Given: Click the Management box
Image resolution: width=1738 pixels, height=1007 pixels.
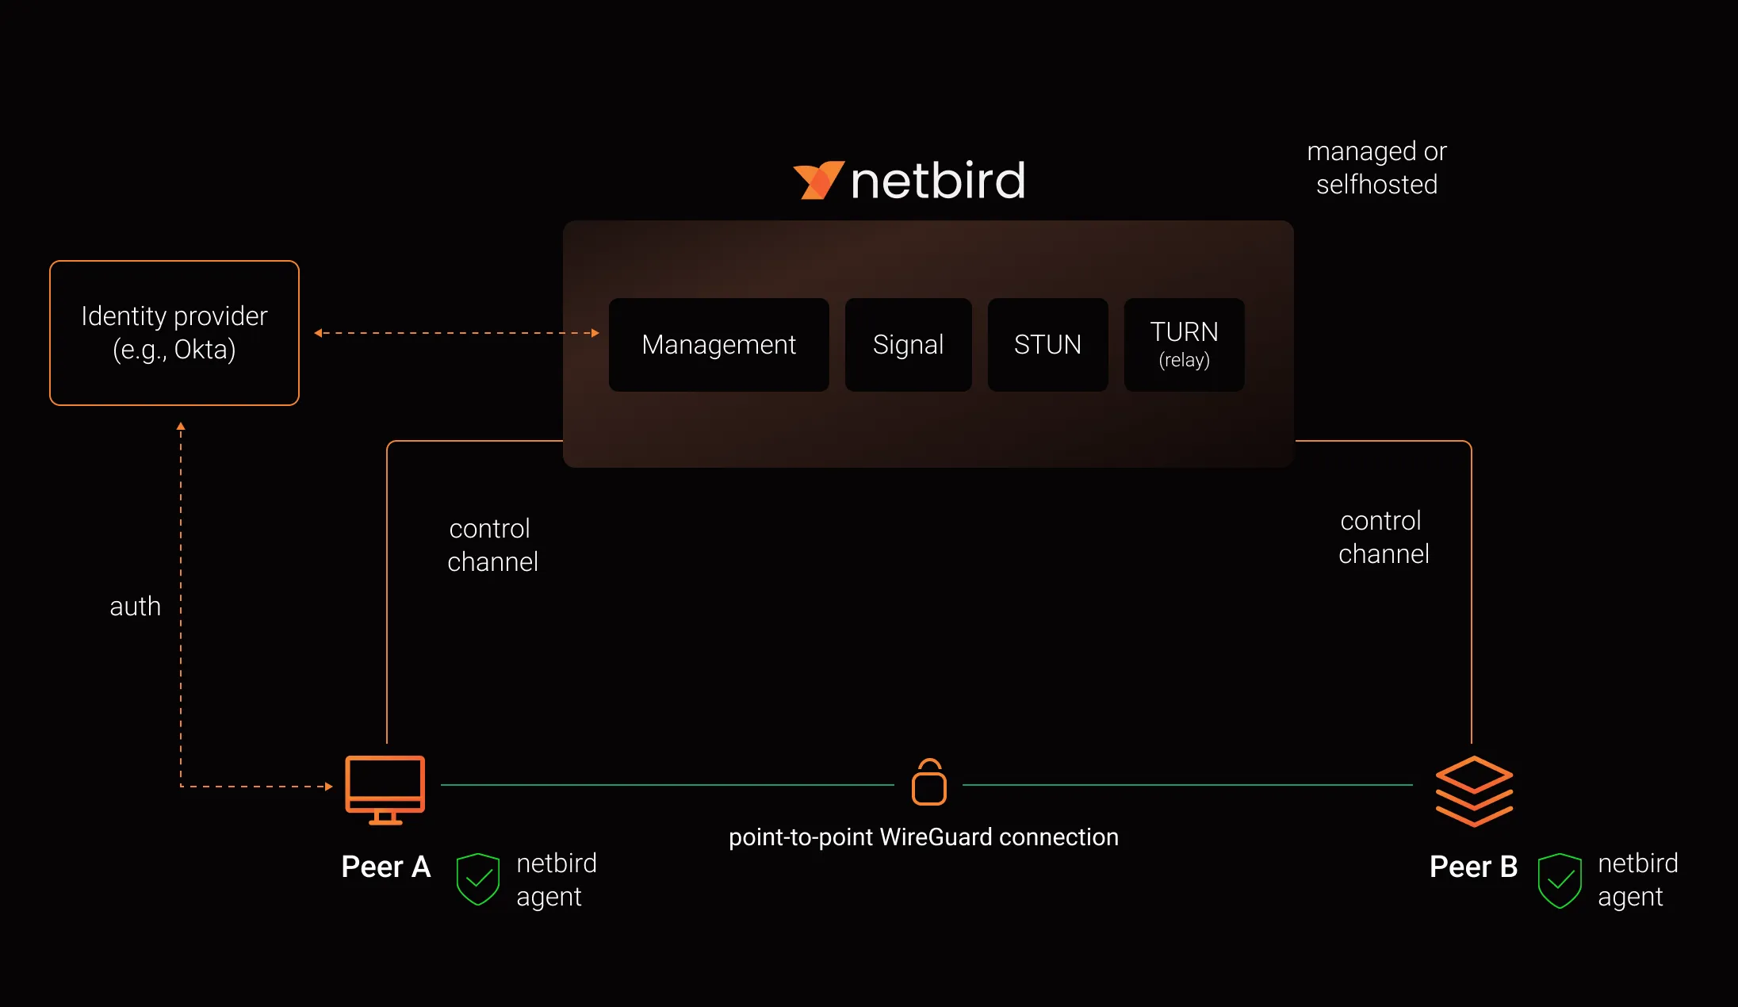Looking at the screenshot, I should click(x=718, y=345).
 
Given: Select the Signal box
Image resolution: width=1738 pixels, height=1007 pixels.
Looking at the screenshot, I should click(x=908, y=345).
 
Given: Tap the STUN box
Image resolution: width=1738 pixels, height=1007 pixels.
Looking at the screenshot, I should click(x=1047, y=345).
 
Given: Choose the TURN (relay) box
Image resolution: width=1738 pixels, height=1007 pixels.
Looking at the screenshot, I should click(x=1184, y=345).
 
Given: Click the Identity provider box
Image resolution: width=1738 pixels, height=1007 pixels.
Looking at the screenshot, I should click(x=174, y=333).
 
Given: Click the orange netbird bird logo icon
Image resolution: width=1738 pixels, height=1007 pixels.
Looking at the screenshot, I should click(x=817, y=180).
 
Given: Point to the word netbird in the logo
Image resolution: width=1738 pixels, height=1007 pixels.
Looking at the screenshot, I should click(x=938, y=181).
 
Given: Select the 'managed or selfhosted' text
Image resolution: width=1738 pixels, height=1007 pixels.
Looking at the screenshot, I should click(x=1376, y=168).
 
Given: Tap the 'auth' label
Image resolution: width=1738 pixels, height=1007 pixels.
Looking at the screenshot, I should click(x=135, y=607).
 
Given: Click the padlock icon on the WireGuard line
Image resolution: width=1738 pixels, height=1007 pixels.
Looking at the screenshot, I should click(x=928, y=783).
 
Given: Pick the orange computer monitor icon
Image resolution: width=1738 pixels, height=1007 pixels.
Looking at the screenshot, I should click(x=385, y=790).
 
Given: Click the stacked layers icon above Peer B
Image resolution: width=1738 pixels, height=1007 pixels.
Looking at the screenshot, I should click(x=1474, y=791).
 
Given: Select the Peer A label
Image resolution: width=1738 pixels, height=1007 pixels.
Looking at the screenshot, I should click(x=385, y=867).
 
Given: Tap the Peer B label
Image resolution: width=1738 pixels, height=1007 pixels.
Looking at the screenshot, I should click(x=1473, y=867).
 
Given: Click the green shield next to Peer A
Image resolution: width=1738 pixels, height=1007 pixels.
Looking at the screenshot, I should click(x=478, y=879).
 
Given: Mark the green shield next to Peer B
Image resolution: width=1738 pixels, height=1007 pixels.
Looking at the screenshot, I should click(x=1560, y=880).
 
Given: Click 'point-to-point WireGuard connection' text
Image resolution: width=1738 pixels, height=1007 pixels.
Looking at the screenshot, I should click(x=924, y=837).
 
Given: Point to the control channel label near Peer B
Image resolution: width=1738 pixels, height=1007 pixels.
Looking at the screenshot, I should click(x=1384, y=538).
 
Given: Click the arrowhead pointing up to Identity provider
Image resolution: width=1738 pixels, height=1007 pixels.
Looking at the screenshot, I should click(x=181, y=427).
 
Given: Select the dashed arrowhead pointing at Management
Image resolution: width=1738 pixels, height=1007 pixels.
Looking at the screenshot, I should click(x=595, y=333).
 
